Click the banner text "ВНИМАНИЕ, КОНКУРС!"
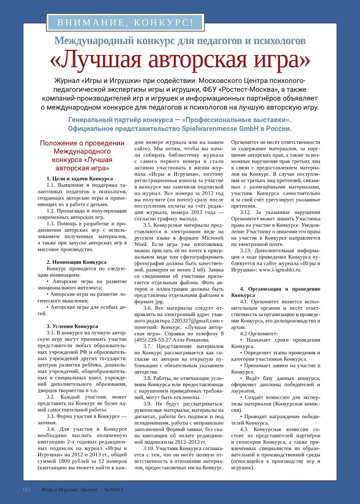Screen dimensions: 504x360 [x=125, y=22]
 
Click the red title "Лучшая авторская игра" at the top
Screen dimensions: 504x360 [x=179, y=60]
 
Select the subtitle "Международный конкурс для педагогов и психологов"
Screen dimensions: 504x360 [x=179, y=40]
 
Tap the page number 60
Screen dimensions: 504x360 [x=27, y=489]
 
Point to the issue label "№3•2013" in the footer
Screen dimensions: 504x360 [x=114, y=490]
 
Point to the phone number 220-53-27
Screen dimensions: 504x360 [x=163, y=339]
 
